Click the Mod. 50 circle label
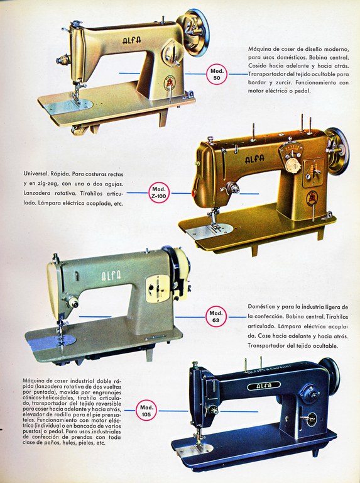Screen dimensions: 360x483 pos(217,74)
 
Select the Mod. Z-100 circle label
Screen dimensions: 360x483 pos(159,193)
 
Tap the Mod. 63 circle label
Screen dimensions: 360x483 pos(216,317)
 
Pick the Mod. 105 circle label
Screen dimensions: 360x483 pos(146,411)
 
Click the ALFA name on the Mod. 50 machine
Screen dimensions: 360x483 pos(132,40)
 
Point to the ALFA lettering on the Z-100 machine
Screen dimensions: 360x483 pos(254,158)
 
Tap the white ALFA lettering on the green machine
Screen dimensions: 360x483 pos(111,275)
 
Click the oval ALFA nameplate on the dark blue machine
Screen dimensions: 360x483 pos(264,386)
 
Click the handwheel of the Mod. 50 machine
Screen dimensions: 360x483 pos(194,31)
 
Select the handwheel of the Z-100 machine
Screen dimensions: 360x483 pos(337,151)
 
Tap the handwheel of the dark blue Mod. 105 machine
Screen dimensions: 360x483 pos(330,374)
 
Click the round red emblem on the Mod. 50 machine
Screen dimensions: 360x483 pos(169,82)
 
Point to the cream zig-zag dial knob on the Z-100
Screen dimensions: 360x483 pos(293,165)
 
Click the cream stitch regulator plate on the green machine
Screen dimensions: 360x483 pos(158,288)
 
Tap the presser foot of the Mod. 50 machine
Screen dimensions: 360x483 pos(76,99)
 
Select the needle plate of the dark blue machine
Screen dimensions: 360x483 pos(195,450)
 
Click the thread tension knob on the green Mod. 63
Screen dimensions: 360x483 pos(73,302)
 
